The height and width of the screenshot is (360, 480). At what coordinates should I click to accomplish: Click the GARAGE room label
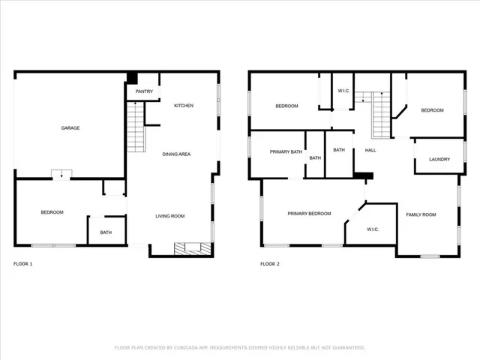(x=70, y=128)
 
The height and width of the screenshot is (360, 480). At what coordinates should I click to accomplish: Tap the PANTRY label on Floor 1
(x=145, y=91)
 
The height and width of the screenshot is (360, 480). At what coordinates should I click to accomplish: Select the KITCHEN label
(x=184, y=106)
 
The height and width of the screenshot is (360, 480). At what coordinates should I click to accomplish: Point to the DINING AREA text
(x=177, y=154)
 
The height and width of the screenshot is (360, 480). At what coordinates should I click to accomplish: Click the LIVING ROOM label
(x=170, y=216)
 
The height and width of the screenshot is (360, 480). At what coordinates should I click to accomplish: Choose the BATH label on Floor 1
(x=106, y=232)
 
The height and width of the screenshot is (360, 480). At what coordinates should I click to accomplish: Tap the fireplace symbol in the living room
(x=187, y=248)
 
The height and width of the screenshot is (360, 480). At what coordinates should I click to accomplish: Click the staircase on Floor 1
(x=135, y=126)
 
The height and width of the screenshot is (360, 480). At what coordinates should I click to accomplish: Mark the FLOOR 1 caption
(x=23, y=264)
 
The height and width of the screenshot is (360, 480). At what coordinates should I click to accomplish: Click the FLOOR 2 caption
(x=269, y=264)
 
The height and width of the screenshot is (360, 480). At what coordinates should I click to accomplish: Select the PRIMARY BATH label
(x=286, y=152)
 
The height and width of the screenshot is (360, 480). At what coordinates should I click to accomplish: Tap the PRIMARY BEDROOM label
(x=309, y=214)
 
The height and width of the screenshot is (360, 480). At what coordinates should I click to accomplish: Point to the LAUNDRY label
(x=439, y=159)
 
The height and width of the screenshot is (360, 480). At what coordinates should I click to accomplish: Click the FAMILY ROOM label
(x=421, y=215)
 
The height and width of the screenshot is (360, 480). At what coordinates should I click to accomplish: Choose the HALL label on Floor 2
(x=370, y=150)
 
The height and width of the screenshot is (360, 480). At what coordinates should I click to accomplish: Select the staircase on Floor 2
(x=382, y=112)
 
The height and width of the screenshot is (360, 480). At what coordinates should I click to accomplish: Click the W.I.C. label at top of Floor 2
(x=343, y=91)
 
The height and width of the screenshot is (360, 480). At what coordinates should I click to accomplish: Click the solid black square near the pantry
(x=132, y=77)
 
